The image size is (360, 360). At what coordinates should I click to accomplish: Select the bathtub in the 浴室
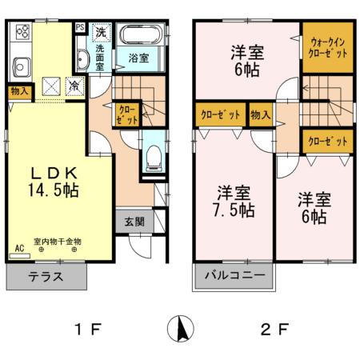142,38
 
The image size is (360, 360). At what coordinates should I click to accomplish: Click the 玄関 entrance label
134,222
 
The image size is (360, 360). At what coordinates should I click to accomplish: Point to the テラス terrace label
46,278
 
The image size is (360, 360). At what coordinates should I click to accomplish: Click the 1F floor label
88,328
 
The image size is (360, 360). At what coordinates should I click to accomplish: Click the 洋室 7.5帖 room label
234,202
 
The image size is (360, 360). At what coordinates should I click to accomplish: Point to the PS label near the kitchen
80,27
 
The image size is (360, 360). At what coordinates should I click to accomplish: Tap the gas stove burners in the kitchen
22,34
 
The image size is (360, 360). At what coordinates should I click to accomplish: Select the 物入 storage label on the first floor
19,91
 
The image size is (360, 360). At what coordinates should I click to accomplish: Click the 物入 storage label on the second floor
260,114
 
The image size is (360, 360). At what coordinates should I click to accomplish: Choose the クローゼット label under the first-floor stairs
127,113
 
